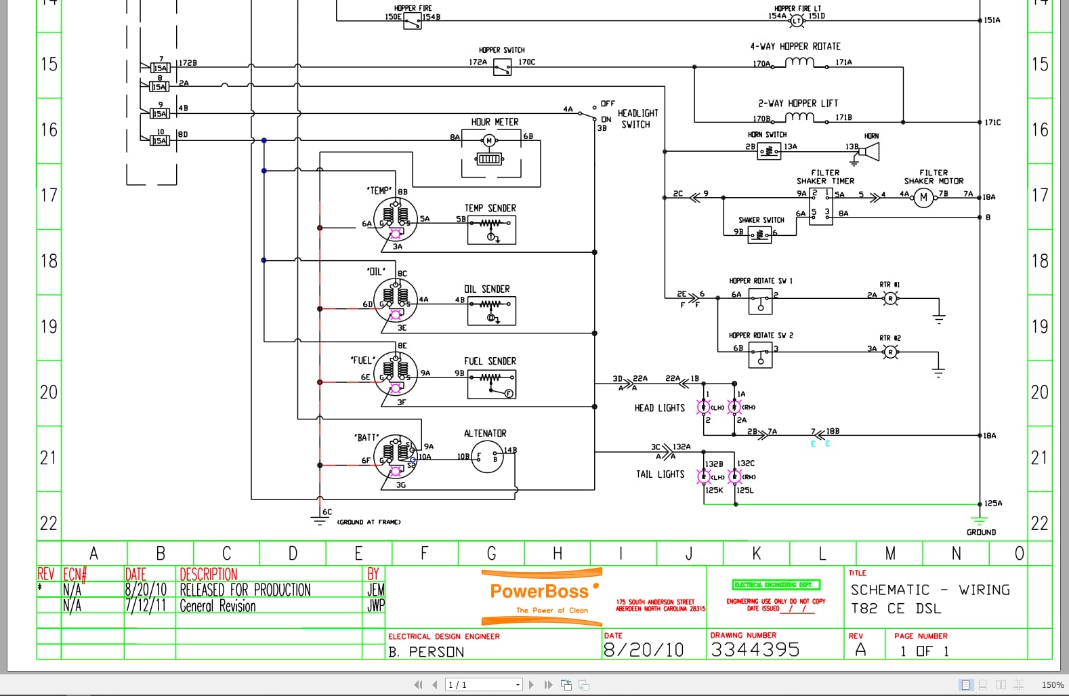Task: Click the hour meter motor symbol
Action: coord(489,141)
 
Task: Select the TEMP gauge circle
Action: coord(396,218)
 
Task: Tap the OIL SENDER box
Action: coord(491,311)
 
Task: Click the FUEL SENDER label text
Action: coord(490,361)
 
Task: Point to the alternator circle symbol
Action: coord(488,457)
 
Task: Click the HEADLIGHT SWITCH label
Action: coord(637,119)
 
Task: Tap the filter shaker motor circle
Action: coord(923,197)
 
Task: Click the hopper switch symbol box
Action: coord(502,67)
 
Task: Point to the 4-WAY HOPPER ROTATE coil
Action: coord(799,62)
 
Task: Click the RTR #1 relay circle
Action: coord(890,298)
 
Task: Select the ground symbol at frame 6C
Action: coord(319,520)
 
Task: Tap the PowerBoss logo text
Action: coord(539,592)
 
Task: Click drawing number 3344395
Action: coord(755,650)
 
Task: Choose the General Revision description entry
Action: coord(217,607)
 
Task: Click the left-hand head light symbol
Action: coord(704,407)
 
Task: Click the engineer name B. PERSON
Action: coord(426,652)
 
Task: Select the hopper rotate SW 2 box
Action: coord(760,355)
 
